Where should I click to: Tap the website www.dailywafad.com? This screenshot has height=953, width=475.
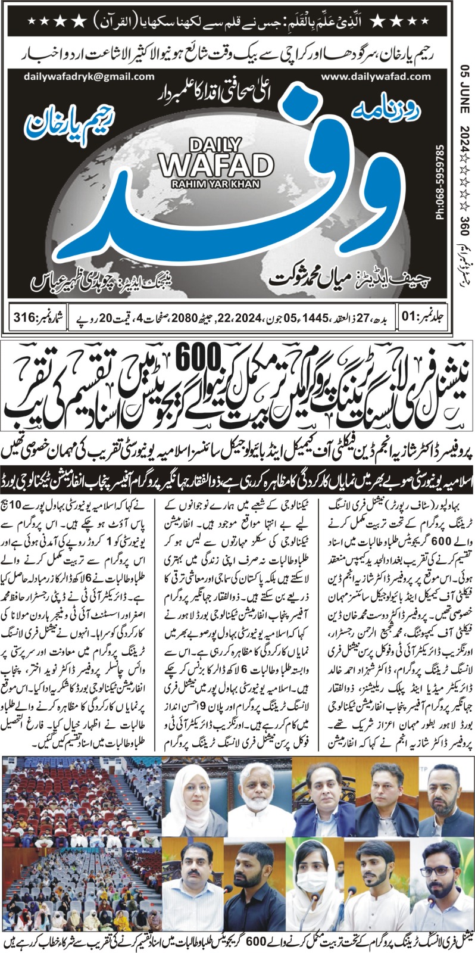[375, 76]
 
